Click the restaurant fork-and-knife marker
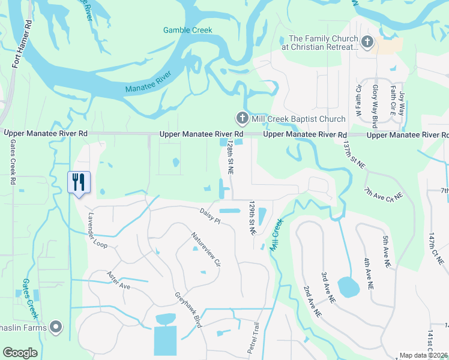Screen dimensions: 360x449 pyautogui.click(x=78, y=182)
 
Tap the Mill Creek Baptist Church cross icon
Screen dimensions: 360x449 pyautogui.click(x=242, y=118)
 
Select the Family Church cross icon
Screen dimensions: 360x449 pyautogui.click(x=367, y=43)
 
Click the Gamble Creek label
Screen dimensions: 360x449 pyautogui.click(x=188, y=30)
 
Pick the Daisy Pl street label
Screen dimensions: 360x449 pyautogui.click(x=211, y=214)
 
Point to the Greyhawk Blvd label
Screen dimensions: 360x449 pyautogui.click(x=188, y=310)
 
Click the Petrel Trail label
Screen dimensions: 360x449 pyautogui.click(x=253, y=337)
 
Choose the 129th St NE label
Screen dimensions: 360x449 pyautogui.click(x=252, y=217)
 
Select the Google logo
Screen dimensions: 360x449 pyautogui.click(x=20, y=353)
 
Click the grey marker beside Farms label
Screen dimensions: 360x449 pyautogui.click(x=56, y=327)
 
